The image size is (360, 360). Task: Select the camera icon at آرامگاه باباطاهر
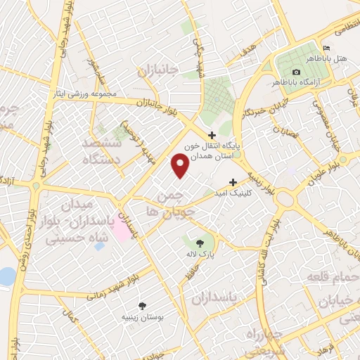pyautogui.click(x=296, y=72)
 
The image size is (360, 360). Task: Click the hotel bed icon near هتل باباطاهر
pyautogui.click(x=324, y=48)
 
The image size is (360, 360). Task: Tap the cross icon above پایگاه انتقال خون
pyautogui.click(x=212, y=135)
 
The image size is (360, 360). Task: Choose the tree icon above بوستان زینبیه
pyautogui.click(x=142, y=306)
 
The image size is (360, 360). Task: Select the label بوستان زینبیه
pyautogui.click(x=143, y=318)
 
